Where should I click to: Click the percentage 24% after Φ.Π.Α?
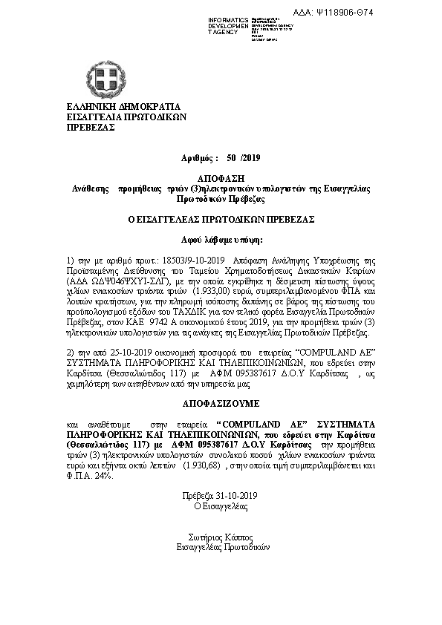tap(103, 475)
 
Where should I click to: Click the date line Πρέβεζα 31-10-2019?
tap(215, 495)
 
